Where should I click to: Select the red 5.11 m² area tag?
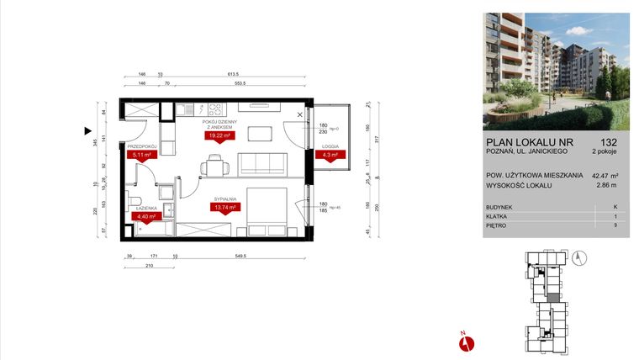[x=140, y=154]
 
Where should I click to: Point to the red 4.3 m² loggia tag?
[x=327, y=155]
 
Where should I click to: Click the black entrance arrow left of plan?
[x=87, y=130]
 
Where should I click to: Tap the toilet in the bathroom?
[x=135, y=199]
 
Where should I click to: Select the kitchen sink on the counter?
[x=186, y=109]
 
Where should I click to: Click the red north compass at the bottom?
[x=468, y=341]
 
